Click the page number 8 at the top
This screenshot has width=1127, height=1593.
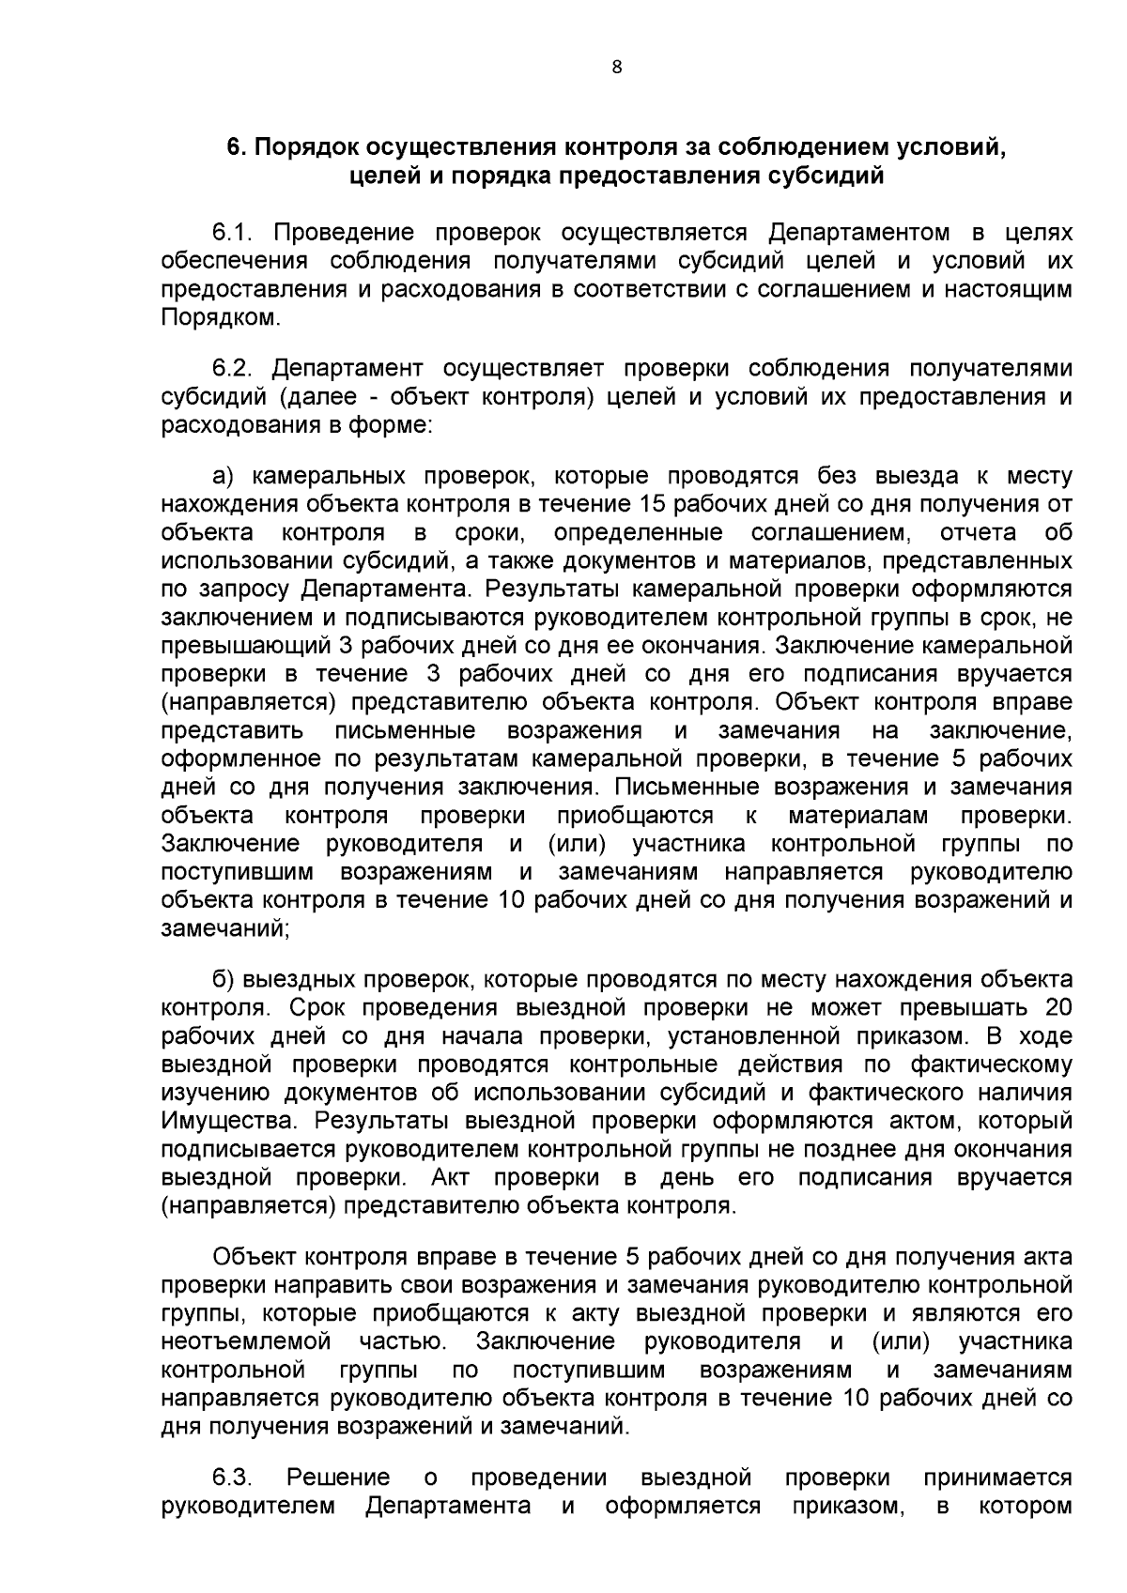pyautogui.click(x=616, y=67)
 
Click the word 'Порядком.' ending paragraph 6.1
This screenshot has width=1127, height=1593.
pyautogui.click(x=221, y=317)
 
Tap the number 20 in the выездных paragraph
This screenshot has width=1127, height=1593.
pyautogui.click(x=1057, y=1008)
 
